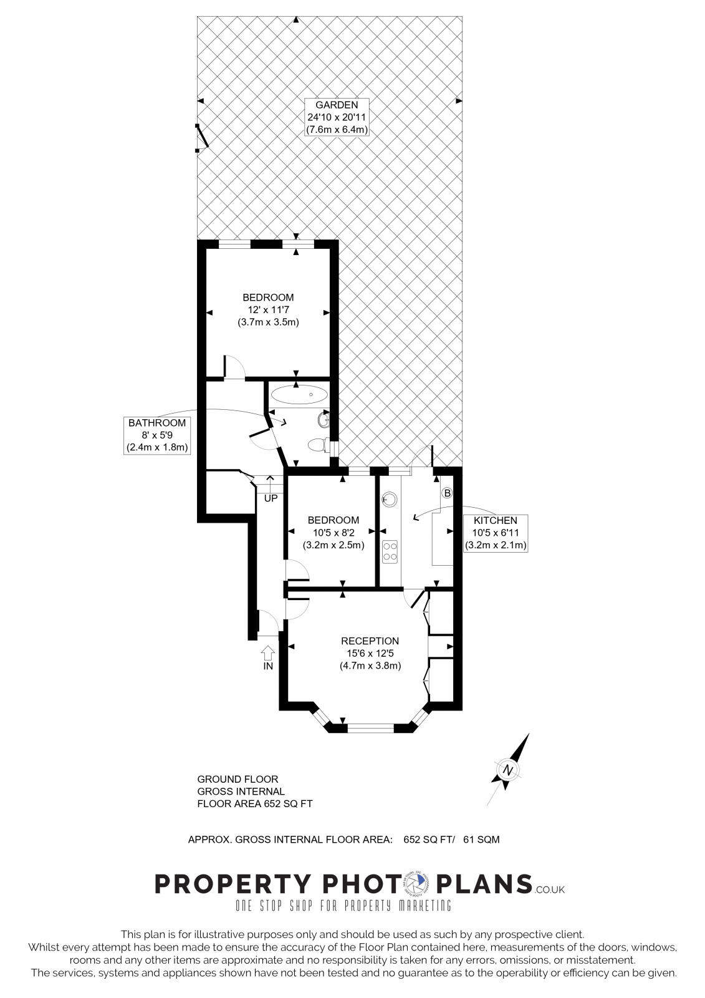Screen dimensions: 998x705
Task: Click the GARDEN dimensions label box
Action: [337, 117]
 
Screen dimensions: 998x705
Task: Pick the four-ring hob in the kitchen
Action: [390, 551]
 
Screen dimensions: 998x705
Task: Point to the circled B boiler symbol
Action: [447, 493]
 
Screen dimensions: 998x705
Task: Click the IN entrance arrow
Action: [268, 653]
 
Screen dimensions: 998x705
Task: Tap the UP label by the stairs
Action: [271, 498]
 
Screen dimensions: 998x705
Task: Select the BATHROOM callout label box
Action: [157, 435]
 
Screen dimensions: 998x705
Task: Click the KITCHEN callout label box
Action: [496, 533]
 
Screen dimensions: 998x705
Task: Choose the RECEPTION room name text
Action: [370, 641]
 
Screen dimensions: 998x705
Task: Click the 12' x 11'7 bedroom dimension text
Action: [268, 310]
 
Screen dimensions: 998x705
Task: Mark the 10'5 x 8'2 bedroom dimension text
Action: [333, 532]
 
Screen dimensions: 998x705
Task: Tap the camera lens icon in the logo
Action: [414, 883]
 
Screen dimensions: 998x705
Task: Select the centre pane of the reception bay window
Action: [370, 727]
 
